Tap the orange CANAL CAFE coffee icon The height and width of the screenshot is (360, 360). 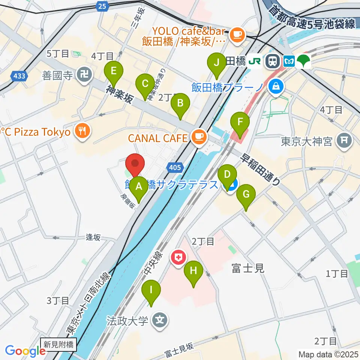click(x=199, y=137)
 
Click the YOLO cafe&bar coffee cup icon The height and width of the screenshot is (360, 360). click(x=237, y=35)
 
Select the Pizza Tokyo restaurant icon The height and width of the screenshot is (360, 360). click(x=82, y=131)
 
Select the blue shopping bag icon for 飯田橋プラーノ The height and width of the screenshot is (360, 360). click(x=276, y=87)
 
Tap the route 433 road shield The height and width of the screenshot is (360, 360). click(x=19, y=76)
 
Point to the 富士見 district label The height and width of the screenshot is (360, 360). click(x=248, y=268)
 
